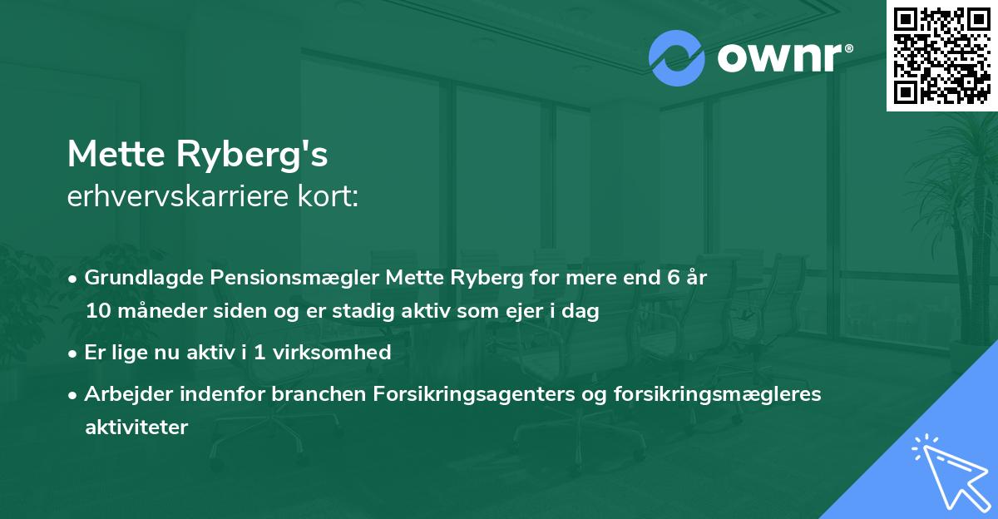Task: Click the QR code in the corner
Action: (x=941, y=55)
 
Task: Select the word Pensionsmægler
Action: (x=267, y=278)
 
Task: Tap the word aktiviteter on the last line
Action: (x=136, y=428)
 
